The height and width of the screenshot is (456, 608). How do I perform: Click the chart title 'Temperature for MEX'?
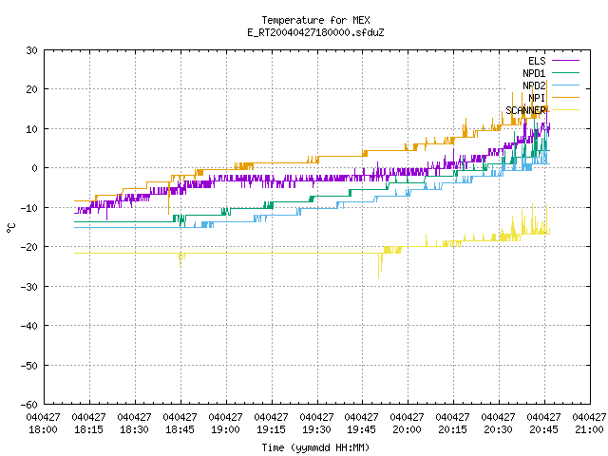pos(315,20)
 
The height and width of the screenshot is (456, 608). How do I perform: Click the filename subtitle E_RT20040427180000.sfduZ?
pos(315,32)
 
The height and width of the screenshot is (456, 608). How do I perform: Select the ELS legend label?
pos(537,61)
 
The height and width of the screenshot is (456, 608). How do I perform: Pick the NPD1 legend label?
pos(534,73)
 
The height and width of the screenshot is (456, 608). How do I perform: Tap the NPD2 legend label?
pos(534,85)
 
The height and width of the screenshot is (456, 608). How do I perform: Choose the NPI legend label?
pos(537,98)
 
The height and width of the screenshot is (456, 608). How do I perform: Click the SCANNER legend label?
pos(525,110)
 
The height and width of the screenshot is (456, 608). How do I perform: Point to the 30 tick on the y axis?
pos(31,50)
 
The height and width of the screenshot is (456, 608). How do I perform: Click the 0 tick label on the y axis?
pos(34,168)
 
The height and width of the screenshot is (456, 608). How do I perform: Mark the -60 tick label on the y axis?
pos(29,405)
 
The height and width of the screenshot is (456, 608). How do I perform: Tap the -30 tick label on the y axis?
pos(29,287)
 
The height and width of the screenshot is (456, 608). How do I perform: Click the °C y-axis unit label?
pos(10,228)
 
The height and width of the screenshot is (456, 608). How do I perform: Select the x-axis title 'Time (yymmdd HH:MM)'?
pos(315,447)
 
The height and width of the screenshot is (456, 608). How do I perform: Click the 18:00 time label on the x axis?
pos(43,429)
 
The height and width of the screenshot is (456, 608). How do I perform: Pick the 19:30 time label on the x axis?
pos(316,429)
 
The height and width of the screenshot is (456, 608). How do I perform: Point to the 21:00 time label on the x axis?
pos(589,429)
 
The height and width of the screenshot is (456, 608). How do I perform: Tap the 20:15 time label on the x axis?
pos(453,429)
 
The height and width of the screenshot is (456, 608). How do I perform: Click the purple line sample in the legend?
pos(565,61)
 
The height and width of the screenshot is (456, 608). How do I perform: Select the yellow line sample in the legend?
pos(565,110)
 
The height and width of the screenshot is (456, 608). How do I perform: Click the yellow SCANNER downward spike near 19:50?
pos(379,266)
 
